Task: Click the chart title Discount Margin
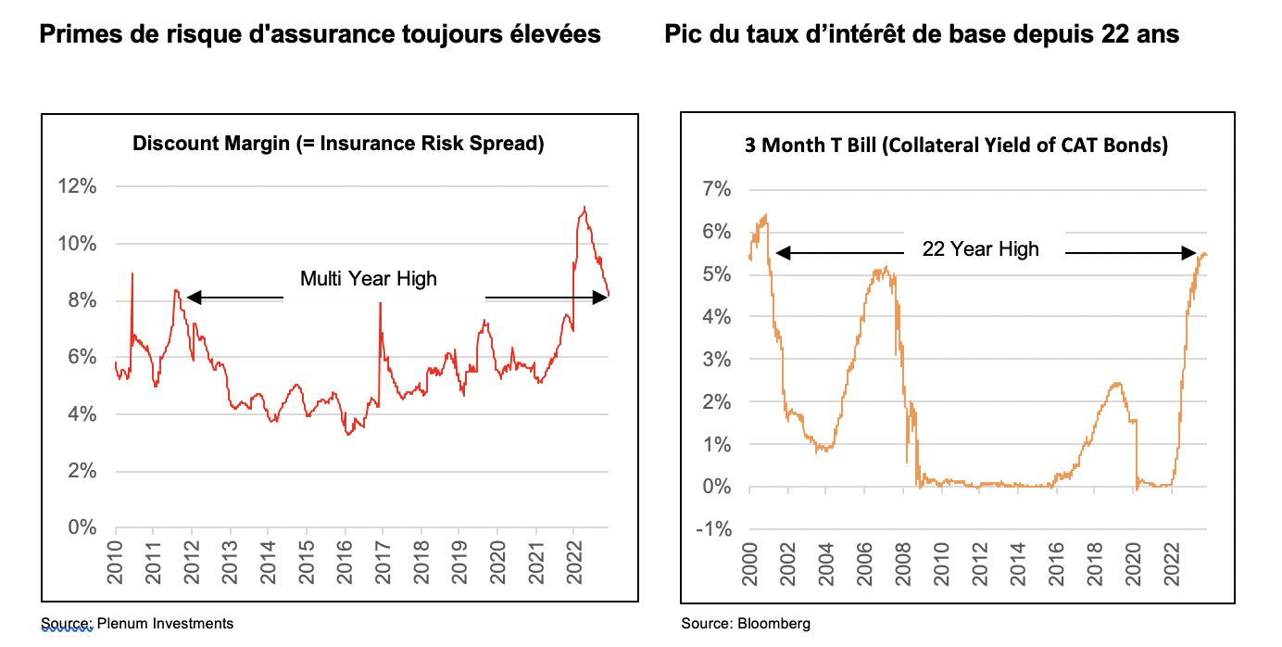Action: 338,144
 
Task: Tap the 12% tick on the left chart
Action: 78,187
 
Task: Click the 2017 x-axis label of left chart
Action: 381,561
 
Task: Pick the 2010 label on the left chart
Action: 116,561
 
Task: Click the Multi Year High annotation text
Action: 368,278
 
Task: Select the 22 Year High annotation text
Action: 980,248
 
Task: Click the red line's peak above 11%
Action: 584,208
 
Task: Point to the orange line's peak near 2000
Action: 765,215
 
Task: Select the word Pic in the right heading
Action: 684,34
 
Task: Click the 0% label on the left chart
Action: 82,527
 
